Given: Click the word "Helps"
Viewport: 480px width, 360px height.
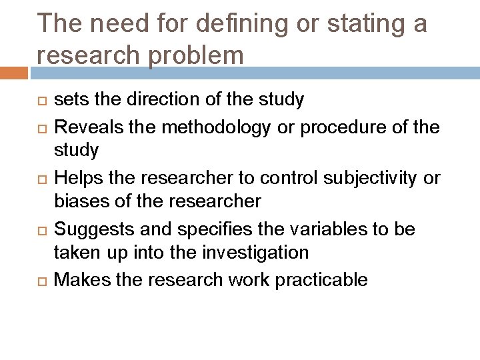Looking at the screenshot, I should click(75, 177).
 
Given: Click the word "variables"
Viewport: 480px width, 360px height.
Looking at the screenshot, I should click(331, 229).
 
